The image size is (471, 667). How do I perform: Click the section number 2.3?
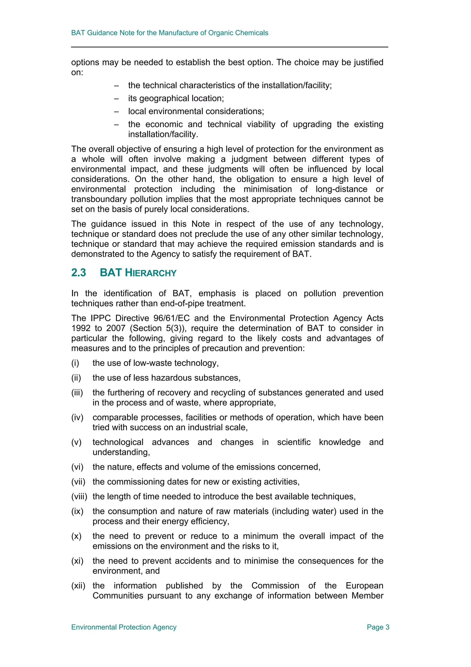(79, 273)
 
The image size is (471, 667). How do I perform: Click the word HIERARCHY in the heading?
(150, 273)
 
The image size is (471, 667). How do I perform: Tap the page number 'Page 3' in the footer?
(378, 627)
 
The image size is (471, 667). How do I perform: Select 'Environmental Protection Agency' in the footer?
(124, 627)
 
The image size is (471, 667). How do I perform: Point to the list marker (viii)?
(79, 496)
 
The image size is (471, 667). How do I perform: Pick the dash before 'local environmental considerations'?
(116, 112)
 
